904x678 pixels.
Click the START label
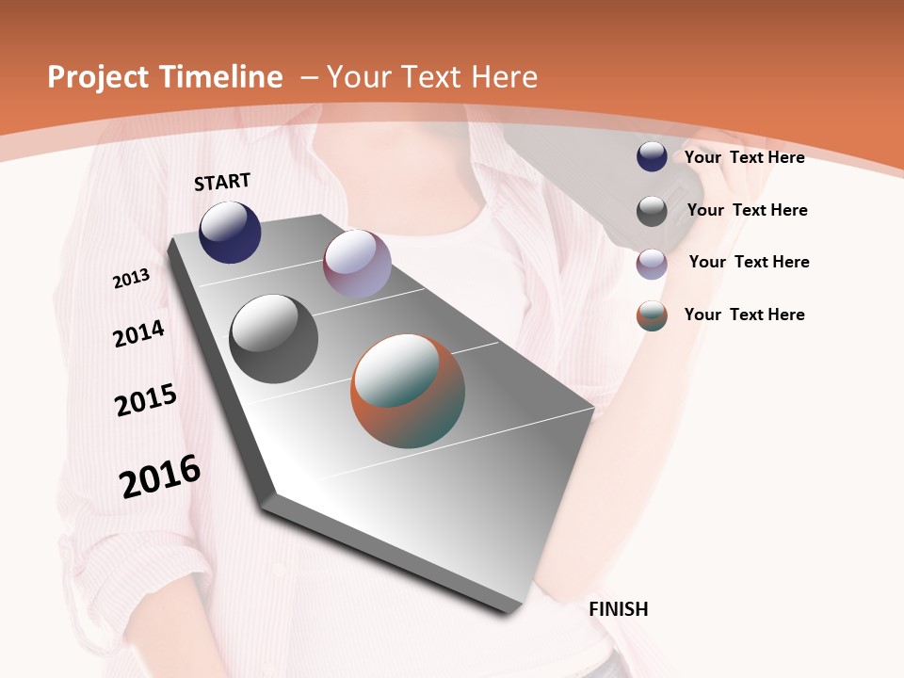(222, 182)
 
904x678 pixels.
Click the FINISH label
(619, 609)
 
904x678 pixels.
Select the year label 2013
(132, 278)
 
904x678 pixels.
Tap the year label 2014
(139, 333)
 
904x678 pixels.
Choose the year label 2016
(160, 476)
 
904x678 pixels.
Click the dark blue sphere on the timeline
(230, 232)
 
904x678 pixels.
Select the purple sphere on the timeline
(357, 264)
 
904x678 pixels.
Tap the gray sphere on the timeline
(273, 339)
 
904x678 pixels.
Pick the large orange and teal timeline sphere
(408, 391)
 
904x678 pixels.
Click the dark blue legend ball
(652, 157)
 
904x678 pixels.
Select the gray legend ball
(652, 210)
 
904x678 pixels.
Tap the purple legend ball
(652, 263)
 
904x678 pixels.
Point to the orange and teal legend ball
(652, 315)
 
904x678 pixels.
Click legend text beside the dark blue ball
(744, 157)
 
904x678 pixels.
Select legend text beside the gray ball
(747, 210)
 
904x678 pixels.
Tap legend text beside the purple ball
(749, 262)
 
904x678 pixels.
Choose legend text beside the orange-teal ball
(744, 315)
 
